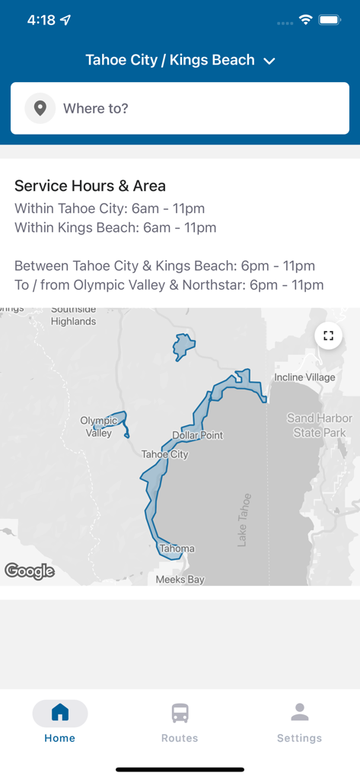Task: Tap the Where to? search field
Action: (x=198, y=109)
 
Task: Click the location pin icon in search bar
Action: (x=40, y=109)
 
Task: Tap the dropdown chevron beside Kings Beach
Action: (x=269, y=61)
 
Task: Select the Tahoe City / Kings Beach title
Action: (x=170, y=60)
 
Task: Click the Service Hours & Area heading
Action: (x=90, y=186)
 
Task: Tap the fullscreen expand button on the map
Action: (x=328, y=335)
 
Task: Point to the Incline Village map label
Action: (x=304, y=377)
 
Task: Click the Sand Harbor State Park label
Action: (x=320, y=425)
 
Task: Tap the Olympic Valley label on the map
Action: (x=99, y=427)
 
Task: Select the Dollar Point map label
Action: (x=198, y=435)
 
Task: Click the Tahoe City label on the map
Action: (x=164, y=454)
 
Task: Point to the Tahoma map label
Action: (x=177, y=548)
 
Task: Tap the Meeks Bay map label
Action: (x=180, y=580)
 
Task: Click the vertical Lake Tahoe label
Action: (x=243, y=520)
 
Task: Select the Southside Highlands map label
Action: (x=73, y=316)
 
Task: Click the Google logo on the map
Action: (x=30, y=571)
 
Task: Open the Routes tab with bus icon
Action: (x=180, y=722)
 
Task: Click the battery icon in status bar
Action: (x=330, y=21)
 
